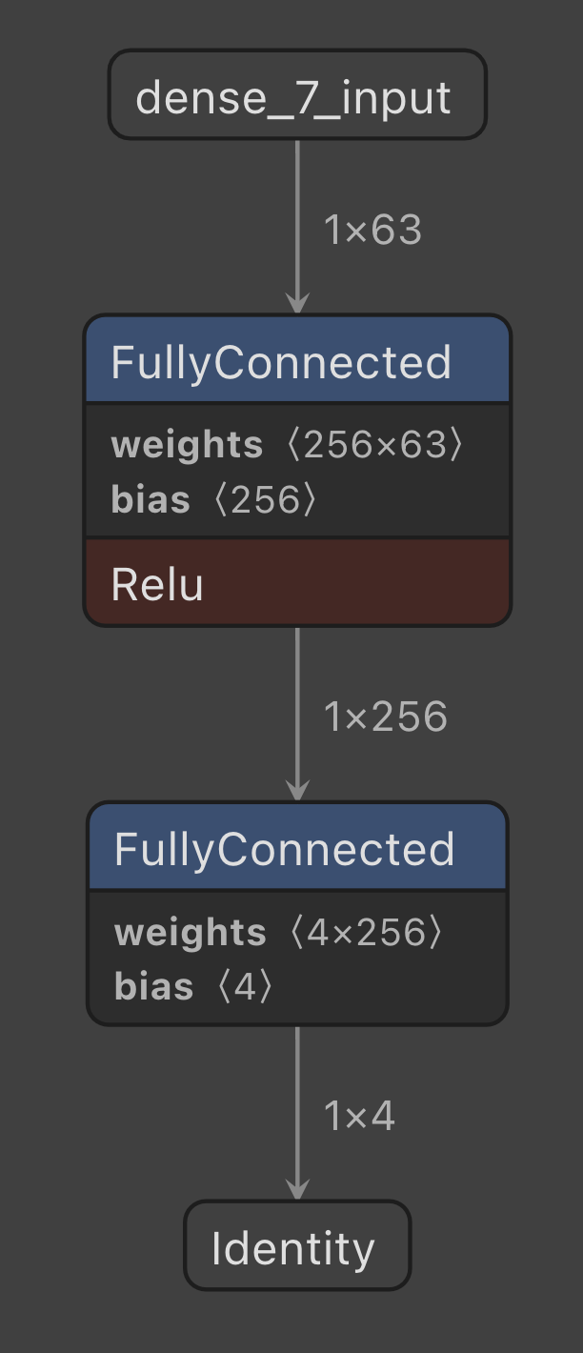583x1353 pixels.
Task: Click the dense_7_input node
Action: pos(297,95)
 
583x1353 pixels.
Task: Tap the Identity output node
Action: pos(297,1246)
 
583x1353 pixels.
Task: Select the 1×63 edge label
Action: pos(372,230)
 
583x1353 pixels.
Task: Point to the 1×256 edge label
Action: pos(385,717)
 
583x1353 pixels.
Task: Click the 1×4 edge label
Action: pos(359,1116)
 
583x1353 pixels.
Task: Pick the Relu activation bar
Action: pos(297,583)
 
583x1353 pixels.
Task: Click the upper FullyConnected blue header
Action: pos(297,361)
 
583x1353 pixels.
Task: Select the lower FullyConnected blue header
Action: pos(297,848)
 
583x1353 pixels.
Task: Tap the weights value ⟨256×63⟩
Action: pos(374,444)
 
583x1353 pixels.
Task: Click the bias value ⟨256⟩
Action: pos(265,499)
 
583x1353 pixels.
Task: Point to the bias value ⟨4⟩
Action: pos(245,986)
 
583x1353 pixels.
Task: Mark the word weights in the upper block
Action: pos(187,445)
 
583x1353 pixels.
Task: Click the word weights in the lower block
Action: pos(190,933)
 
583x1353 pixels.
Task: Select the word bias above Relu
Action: pos(151,499)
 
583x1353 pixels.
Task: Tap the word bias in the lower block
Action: pos(153,986)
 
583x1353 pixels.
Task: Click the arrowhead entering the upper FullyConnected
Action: pos(297,303)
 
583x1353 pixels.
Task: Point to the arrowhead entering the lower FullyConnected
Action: pos(297,791)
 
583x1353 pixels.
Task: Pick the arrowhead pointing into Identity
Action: pos(297,1189)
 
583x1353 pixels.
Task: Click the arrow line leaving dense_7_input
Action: pos(297,210)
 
